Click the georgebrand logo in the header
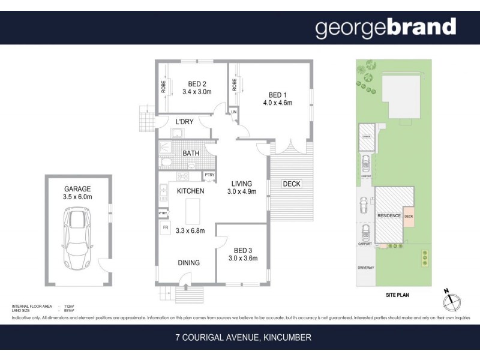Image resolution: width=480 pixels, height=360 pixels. tap(385, 28)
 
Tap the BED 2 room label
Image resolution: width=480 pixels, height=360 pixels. tap(197, 84)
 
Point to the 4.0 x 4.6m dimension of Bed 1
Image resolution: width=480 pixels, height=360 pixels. tap(277, 103)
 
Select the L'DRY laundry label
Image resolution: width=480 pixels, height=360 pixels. tap(184, 122)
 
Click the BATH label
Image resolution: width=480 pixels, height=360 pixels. tap(191, 153)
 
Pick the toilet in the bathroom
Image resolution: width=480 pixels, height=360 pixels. tap(167, 161)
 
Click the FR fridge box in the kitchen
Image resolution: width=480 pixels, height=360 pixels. tap(164, 228)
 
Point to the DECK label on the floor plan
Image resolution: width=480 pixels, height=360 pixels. tap(291, 184)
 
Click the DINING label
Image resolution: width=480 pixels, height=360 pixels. tap(188, 263)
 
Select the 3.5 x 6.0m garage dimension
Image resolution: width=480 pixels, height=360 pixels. tap(77, 195)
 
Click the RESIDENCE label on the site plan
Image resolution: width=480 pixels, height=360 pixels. tap(389, 215)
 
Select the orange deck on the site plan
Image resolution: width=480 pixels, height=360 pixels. tap(409, 217)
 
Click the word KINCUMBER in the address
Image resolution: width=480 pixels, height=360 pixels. tap(287, 338)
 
